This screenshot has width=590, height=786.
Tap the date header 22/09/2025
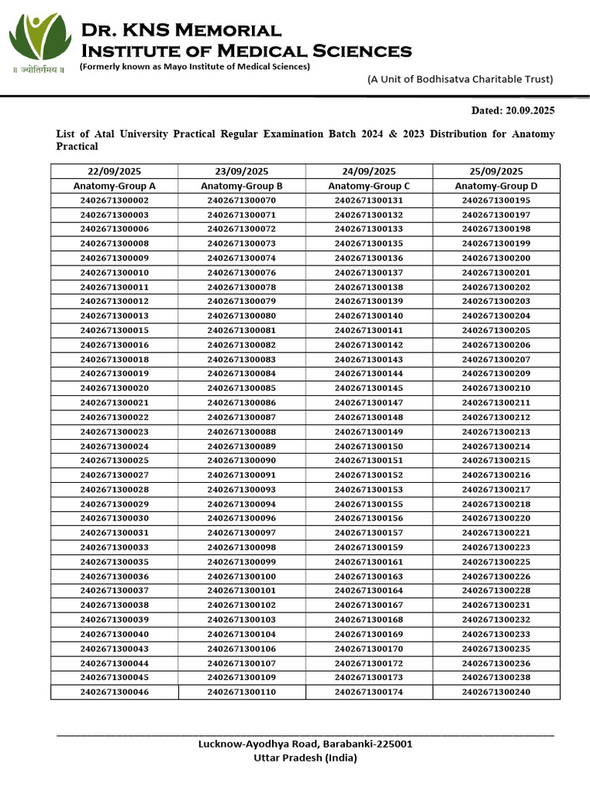click(x=114, y=171)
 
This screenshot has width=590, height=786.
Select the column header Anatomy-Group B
click(x=241, y=186)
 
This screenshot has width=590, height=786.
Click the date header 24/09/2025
click(x=369, y=171)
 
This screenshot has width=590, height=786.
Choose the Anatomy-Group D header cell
click(x=496, y=186)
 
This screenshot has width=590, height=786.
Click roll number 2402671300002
click(x=114, y=200)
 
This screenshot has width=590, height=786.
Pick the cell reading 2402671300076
click(x=241, y=272)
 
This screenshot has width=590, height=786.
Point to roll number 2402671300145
click(x=369, y=388)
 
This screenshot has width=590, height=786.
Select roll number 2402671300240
click(x=496, y=692)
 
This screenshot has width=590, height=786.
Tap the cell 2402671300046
click(x=114, y=692)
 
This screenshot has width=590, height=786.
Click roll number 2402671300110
click(x=241, y=692)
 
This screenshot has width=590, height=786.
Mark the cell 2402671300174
click(x=369, y=692)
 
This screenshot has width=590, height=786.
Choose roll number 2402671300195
click(x=496, y=200)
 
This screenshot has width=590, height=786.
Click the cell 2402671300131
click(x=369, y=200)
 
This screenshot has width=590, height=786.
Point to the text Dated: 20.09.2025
click(x=512, y=111)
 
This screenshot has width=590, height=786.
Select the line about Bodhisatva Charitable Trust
click(x=459, y=79)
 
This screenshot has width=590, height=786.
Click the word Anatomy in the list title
click(x=532, y=134)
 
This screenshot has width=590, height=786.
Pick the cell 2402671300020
click(x=114, y=388)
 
